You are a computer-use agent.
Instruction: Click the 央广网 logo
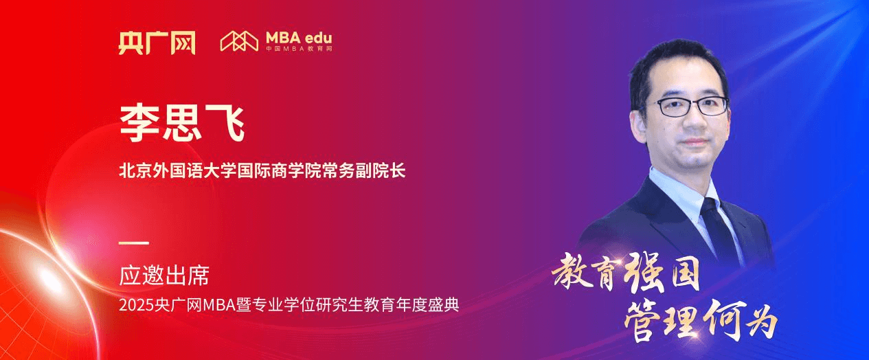click(x=157, y=43)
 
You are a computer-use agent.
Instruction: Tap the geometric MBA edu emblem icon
click(x=238, y=41)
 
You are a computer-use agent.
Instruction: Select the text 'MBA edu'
click(x=299, y=37)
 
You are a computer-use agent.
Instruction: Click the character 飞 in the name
click(x=225, y=122)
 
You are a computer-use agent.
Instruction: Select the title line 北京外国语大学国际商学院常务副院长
click(x=262, y=170)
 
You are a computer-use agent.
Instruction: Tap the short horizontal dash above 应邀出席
click(x=133, y=243)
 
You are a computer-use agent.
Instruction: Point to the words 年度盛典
click(x=430, y=303)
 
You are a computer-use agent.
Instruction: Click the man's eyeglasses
click(x=690, y=106)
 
